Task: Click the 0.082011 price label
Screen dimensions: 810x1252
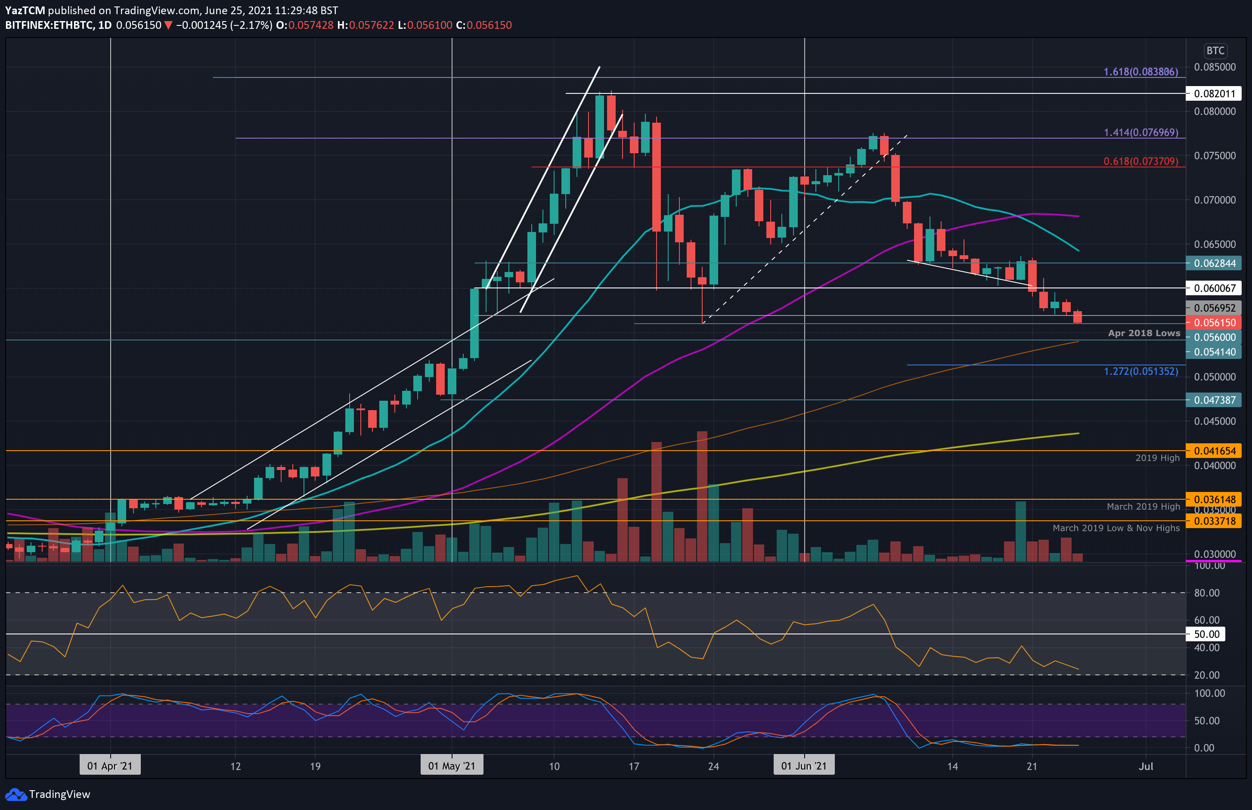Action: [x=1214, y=94]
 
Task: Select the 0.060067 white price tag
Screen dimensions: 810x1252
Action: [x=1214, y=288]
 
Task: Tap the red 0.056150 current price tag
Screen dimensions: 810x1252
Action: [x=1214, y=322]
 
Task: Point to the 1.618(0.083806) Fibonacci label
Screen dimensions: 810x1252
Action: [x=1140, y=71]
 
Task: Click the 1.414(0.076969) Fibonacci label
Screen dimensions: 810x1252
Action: [x=1140, y=133]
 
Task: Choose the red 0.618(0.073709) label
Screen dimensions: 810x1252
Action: [x=1140, y=161]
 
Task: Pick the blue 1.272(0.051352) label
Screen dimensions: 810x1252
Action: [x=1140, y=371]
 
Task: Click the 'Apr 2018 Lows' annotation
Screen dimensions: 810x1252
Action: [x=1144, y=333]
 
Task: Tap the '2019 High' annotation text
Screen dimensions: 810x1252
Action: [x=1157, y=458]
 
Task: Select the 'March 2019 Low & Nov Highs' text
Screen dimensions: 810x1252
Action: [x=1116, y=528]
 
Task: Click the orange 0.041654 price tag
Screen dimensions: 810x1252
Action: [x=1214, y=451]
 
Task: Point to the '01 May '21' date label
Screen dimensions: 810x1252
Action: [x=451, y=766]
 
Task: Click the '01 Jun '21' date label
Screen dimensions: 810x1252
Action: [x=804, y=766]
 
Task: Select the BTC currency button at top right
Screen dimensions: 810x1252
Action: [x=1215, y=50]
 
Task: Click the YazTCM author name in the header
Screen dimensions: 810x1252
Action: [x=25, y=10]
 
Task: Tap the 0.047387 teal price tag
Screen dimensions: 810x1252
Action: [x=1214, y=400]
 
